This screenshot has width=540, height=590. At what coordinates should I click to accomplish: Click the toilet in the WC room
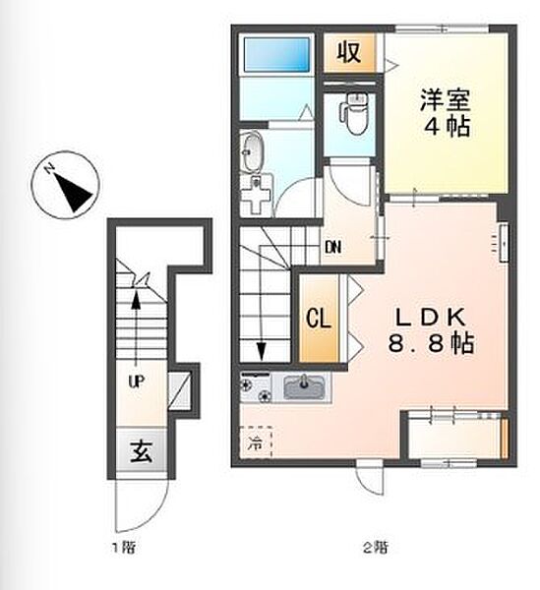[x=355, y=114]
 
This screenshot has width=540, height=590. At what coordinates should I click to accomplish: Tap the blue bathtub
[x=276, y=54]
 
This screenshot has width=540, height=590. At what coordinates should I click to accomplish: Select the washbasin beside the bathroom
[x=251, y=151]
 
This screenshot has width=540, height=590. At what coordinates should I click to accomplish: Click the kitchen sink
[x=304, y=386]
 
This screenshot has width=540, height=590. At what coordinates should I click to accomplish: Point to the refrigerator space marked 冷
[x=256, y=442]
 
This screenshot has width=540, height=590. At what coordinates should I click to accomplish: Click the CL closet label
[x=319, y=319]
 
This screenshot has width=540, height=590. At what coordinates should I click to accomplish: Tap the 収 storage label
[x=349, y=52]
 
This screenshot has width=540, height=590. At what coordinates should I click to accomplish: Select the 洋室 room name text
[x=446, y=99]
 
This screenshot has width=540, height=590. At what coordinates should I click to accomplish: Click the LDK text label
[x=431, y=319]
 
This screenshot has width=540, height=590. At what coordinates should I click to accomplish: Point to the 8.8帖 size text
[x=431, y=343]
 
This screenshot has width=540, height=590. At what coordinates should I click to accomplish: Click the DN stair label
[x=333, y=247]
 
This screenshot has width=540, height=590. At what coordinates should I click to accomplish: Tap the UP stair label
[x=136, y=383]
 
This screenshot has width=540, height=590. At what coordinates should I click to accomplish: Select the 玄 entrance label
[x=141, y=451]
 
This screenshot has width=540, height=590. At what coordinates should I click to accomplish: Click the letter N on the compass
[x=48, y=169]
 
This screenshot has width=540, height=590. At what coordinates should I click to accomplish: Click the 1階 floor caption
[x=123, y=548]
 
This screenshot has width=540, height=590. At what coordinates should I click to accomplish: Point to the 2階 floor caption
[x=375, y=548]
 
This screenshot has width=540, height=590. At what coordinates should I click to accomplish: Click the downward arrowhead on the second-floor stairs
[x=262, y=351]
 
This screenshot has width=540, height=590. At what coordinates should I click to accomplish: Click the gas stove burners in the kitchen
[x=256, y=386]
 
